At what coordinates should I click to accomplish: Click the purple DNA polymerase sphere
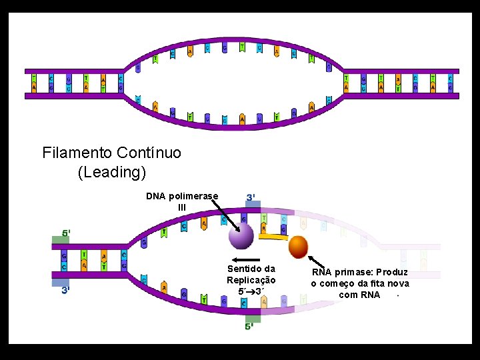[x=241, y=236]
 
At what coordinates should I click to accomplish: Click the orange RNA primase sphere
[x=299, y=247]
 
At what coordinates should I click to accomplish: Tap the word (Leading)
[x=112, y=172]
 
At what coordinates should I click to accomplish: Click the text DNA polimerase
[x=182, y=196]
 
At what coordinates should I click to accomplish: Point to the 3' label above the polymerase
[x=253, y=198]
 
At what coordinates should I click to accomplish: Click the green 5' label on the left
[x=66, y=234]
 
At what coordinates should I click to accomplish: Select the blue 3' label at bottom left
[x=65, y=291]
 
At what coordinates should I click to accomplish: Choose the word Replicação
[x=251, y=281]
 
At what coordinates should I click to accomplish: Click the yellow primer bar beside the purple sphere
[x=273, y=236]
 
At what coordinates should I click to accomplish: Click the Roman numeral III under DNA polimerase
[x=181, y=207]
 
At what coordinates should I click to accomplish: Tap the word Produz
[x=393, y=272]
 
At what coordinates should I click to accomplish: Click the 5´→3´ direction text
[x=251, y=291]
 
